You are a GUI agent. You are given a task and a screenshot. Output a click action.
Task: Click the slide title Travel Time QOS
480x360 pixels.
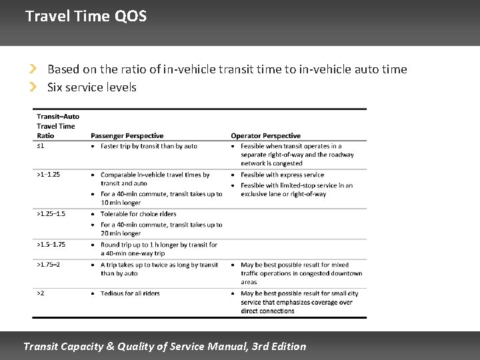click(x=85, y=16)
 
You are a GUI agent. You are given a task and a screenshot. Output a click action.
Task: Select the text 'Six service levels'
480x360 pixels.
click(x=92, y=87)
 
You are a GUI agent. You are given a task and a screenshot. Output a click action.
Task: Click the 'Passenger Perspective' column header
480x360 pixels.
click(x=127, y=135)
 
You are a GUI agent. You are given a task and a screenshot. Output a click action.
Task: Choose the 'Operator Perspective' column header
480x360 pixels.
click(x=265, y=135)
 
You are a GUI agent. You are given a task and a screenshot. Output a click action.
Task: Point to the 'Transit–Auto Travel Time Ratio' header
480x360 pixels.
click(x=57, y=126)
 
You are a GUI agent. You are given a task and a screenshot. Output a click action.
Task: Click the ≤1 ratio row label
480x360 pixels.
click(x=40, y=146)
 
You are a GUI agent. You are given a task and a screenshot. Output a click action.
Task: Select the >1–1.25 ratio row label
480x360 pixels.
click(x=48, y=175)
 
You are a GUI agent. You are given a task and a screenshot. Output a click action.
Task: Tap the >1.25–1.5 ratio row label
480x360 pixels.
click(x=51, y=214)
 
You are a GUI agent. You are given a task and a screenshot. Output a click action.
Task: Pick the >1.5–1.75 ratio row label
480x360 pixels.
click(x=51, y=245)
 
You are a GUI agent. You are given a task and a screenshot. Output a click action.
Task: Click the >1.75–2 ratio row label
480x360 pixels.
click(x=48, y=265)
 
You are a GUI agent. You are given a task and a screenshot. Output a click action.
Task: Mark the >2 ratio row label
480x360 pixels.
click(x=41, y=293)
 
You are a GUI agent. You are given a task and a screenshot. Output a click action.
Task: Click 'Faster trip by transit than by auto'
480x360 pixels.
click(x=149, y=146)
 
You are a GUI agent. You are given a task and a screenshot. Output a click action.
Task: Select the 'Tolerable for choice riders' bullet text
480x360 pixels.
click(x=138, y=214)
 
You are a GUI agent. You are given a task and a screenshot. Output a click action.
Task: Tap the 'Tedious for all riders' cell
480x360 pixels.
click(x=130, y=293)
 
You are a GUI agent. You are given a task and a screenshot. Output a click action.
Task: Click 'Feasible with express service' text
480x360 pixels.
click(x=282, y=175)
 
